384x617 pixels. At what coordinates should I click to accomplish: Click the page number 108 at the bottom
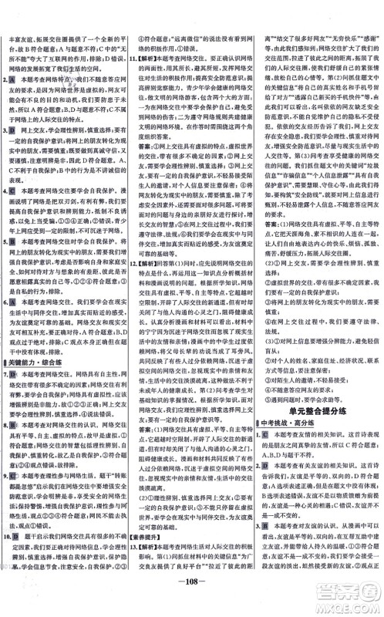pos(191,602)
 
